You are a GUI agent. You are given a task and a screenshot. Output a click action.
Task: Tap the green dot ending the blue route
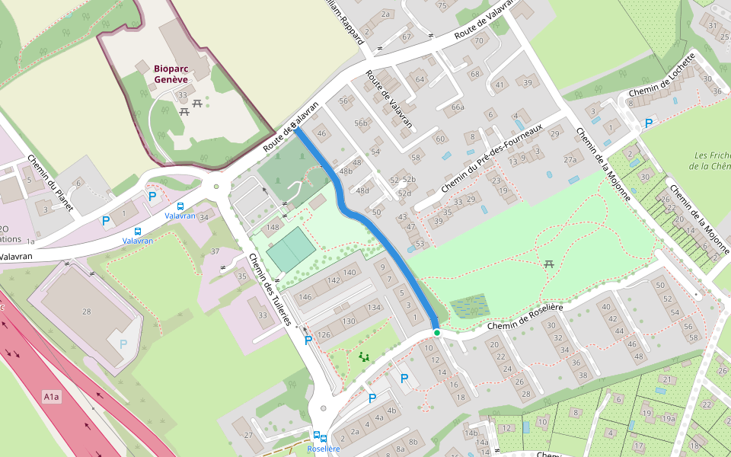436,333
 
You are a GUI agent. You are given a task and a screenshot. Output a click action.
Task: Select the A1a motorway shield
51,397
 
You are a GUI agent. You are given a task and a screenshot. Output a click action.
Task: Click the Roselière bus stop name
322,449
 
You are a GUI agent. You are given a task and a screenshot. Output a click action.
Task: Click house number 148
272,228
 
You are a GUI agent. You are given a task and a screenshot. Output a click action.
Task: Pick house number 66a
458,107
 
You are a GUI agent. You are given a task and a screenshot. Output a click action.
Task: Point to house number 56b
360,123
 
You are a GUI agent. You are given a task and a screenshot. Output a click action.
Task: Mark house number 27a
570,160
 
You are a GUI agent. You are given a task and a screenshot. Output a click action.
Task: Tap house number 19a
669,418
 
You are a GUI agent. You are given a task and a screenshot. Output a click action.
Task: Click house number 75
442,6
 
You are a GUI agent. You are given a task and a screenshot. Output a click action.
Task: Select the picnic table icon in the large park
548,264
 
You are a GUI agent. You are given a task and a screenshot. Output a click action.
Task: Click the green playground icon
363,356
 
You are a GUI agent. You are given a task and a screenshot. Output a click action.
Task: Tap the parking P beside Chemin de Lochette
649,123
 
